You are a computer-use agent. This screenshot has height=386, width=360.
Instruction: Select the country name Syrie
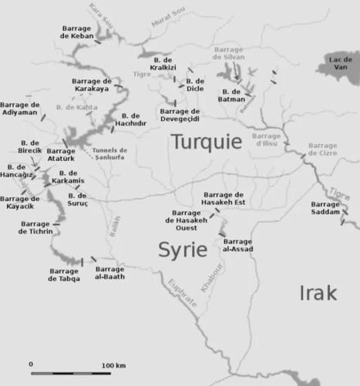[183, 250]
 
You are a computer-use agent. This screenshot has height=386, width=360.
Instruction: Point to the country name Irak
[318, 294]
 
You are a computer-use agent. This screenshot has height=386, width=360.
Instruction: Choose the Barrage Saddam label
[325, 208]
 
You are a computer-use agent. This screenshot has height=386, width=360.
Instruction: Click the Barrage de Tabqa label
[63, 275]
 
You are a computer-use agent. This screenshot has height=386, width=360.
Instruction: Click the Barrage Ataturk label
[61, 154]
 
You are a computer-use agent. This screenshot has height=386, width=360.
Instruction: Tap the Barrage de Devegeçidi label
[180, 115]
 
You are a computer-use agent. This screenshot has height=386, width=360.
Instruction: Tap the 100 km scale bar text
[114, 364]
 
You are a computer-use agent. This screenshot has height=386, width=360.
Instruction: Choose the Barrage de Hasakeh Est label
[223, 198]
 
